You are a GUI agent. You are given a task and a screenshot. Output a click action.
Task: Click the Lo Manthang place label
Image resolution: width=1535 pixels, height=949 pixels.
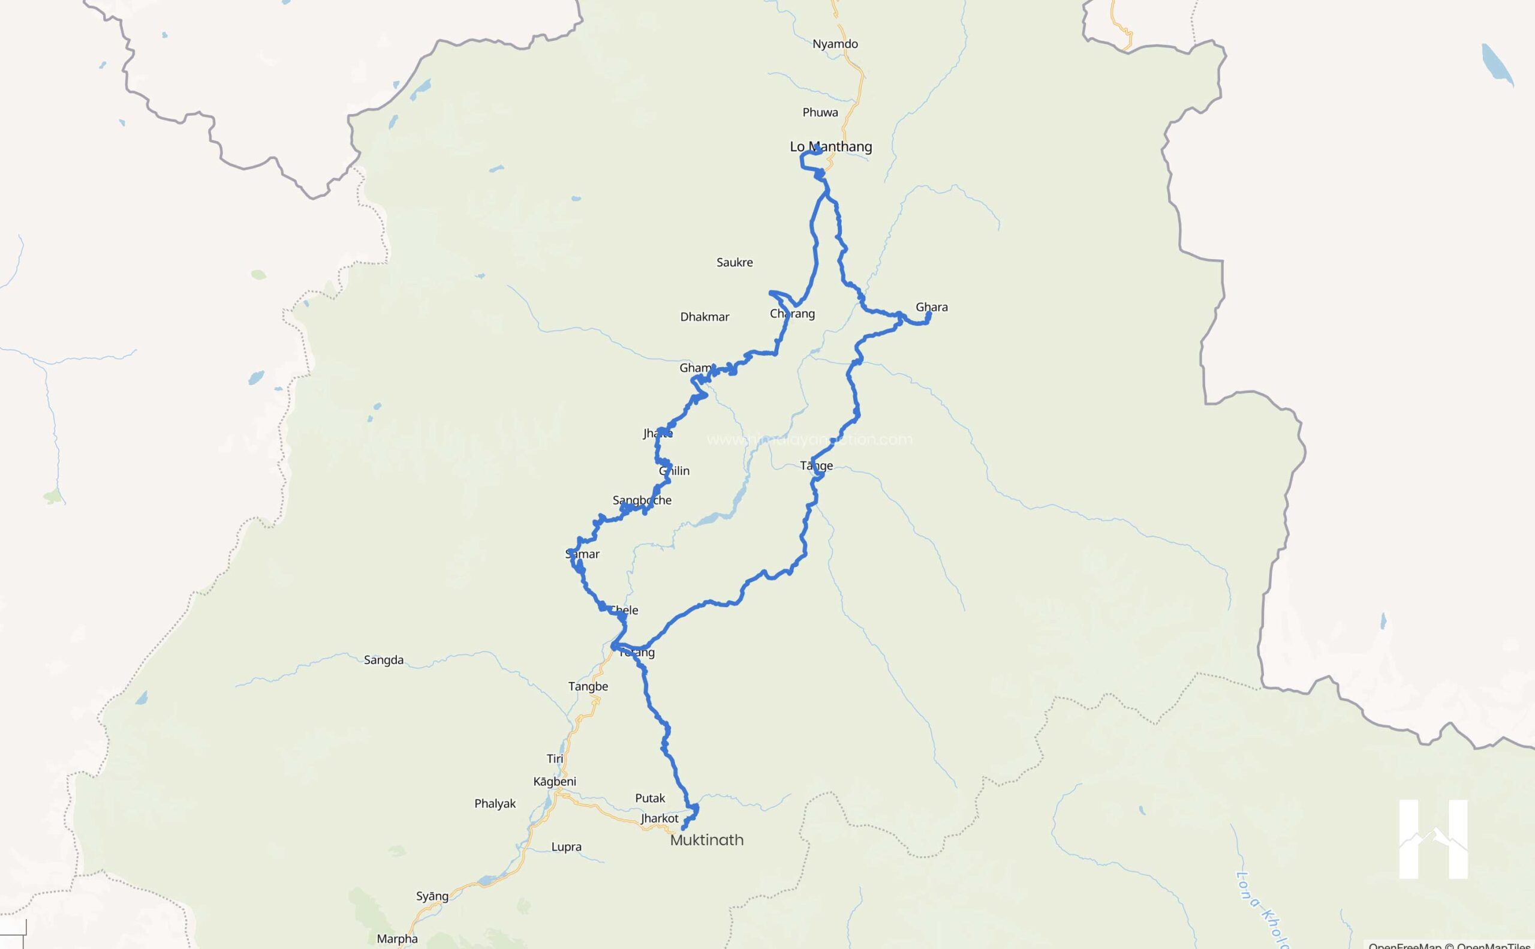pos(830,147)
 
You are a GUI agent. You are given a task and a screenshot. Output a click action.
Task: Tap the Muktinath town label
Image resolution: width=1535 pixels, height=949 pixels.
pos(706,840)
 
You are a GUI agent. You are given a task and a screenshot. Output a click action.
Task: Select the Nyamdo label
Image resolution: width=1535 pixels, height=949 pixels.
pos(835,44)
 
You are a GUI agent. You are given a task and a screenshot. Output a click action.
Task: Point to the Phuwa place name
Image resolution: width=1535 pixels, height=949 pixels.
pos(820,112)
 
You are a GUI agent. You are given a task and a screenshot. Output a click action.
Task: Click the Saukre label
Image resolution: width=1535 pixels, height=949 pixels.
pos(735,262)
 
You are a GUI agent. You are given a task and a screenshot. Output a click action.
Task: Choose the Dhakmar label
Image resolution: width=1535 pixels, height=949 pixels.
pos(705,317)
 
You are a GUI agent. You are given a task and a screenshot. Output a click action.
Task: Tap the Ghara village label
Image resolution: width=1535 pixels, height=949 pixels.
pos(932,307)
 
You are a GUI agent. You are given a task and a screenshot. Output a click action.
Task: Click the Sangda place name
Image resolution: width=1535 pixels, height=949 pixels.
pos(383,660)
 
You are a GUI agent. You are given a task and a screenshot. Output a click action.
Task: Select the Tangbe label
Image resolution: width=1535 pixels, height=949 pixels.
pos(588,686)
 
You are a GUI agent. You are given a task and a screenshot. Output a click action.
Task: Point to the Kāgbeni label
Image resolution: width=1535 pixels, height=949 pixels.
pos(555,782)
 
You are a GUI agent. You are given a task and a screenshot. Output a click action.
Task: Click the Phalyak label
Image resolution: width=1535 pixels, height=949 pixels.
pos(495,803)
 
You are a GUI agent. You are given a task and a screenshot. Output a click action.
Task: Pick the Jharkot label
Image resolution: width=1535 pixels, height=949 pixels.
pos(660,818)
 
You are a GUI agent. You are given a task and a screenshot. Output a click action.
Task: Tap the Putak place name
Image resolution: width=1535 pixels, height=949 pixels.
pos(650,798)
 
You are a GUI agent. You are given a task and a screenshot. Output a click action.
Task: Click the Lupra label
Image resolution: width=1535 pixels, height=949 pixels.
pos(566,846)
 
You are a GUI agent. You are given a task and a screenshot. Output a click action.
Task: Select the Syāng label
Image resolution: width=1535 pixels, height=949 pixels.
pos(432,896)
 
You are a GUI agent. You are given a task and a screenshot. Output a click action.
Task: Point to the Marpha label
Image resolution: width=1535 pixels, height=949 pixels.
pos(397,939)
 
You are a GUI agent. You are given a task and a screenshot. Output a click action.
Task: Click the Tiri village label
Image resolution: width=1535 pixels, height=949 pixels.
pos(555,759)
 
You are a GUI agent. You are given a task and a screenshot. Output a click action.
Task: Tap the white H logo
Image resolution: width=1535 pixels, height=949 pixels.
pos(1434,839)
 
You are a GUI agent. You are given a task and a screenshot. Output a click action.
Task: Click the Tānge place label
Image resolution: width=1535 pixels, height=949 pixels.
pos(816,466)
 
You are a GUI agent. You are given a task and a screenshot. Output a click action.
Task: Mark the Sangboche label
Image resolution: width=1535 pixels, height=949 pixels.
pos(642,500)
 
